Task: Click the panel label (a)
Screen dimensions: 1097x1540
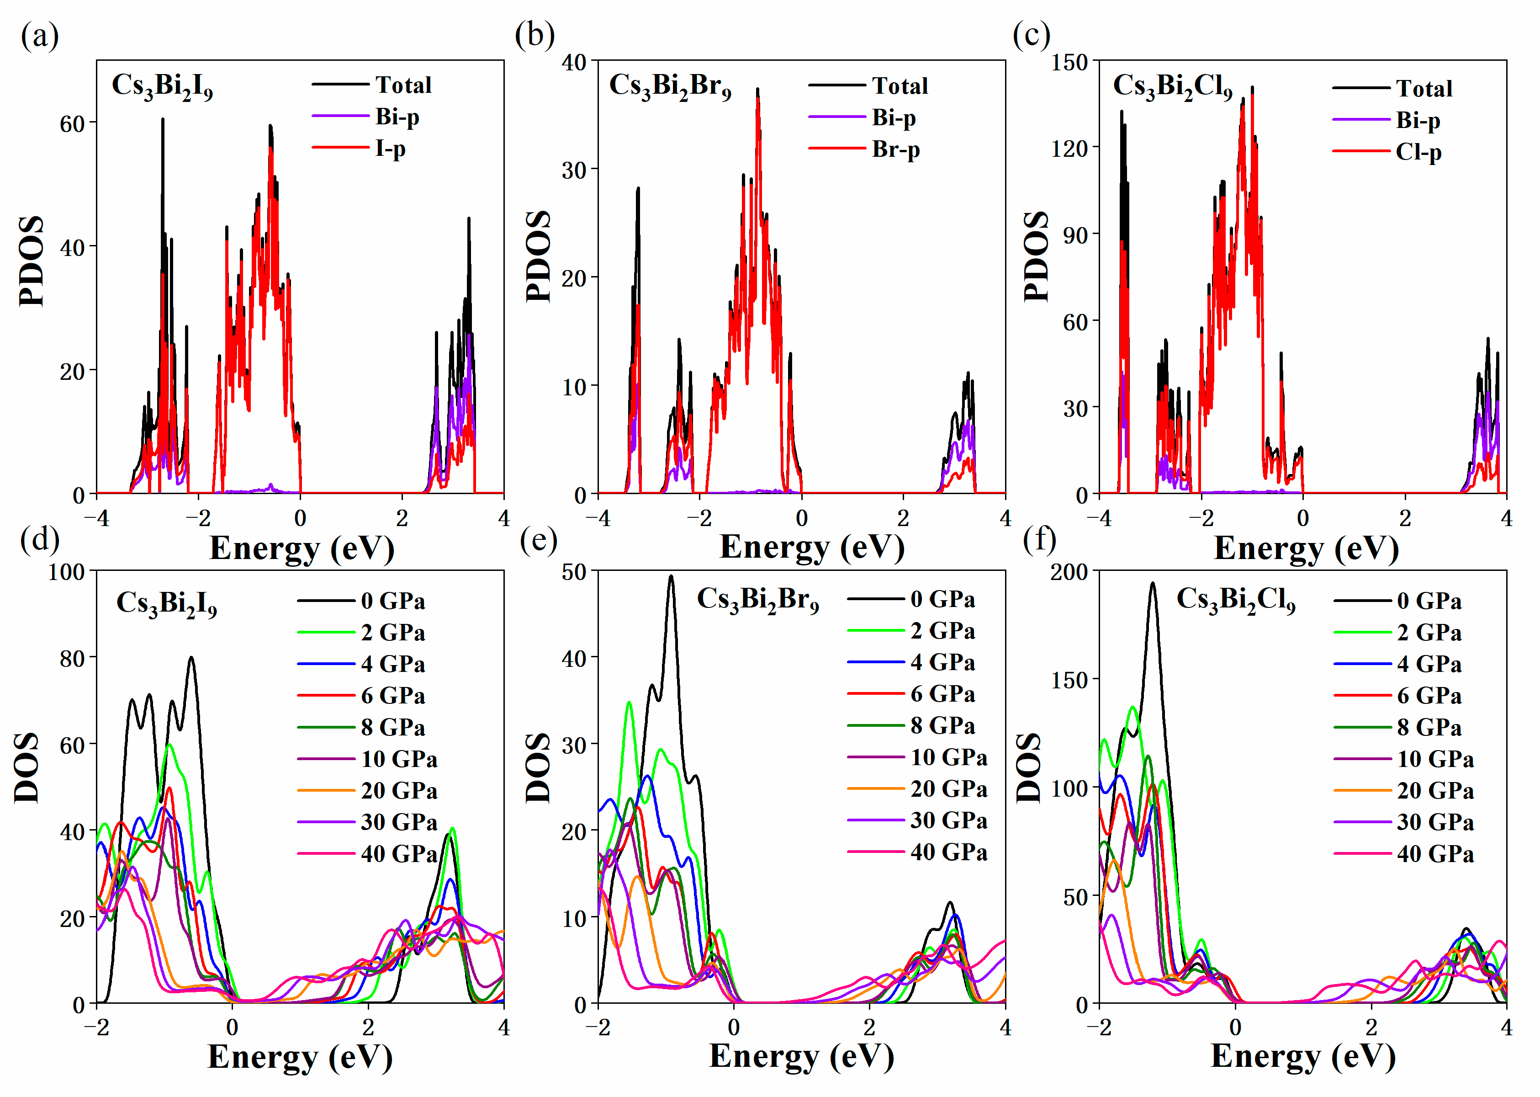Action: click(39, 35)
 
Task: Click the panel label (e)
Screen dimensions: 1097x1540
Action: click(538, 540)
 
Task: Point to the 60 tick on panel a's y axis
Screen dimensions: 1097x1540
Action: click(72, 124)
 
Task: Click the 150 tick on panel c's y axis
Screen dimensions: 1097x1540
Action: click(1070, 63)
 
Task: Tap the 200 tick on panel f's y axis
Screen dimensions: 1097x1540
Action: click(1069, 572)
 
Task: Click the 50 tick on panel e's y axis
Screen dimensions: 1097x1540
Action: click(575, 572)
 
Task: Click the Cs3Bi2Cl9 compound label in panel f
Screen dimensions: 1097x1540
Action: click(1235, 600)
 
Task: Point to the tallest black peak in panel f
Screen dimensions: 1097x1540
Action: click(1153, 584)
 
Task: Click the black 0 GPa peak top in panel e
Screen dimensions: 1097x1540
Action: click(671, 576)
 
